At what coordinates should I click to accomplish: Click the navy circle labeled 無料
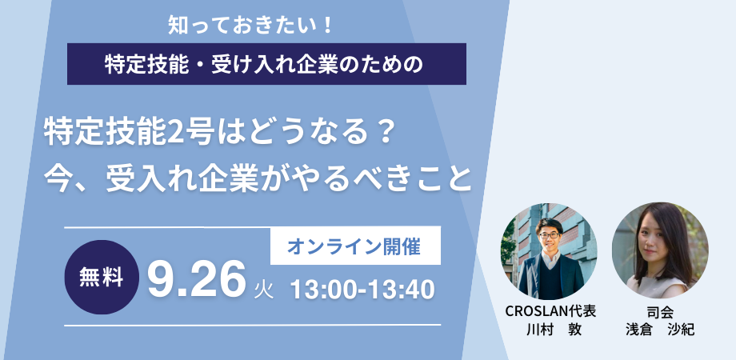[x=102, y=278]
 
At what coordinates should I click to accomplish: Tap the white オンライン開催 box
[x=355, y=246]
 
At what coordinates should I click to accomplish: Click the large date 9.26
[x=197, y=280]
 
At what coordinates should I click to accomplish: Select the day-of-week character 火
[x=264, y=290]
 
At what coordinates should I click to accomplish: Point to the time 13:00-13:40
[x=362, y=290]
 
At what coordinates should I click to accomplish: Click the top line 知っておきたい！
[x=250, y=26]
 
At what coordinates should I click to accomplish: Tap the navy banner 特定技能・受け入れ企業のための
[x=266, y=64]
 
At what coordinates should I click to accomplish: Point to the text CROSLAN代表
[x=550, y=311]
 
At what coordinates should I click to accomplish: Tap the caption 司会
[x=660, y=312]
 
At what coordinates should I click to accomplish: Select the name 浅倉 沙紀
[x=660, y=330]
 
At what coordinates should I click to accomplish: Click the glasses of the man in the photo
[x=549, y=234]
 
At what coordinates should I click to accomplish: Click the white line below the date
[x=253, y=325]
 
